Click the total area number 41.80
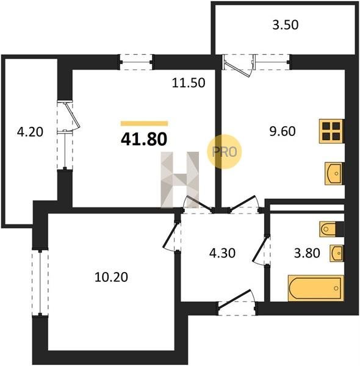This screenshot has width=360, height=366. pos(144,139)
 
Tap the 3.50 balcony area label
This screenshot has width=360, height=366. pos(286,25)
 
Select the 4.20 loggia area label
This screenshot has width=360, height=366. pos(30,132)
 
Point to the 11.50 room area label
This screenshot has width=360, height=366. pos(189,83)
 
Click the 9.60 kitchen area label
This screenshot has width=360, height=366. pos(283,131)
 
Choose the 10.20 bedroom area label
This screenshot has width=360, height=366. pos(111,278)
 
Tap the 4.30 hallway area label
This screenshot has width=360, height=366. pos(222,253)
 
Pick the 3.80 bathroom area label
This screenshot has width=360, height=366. pos(307,253)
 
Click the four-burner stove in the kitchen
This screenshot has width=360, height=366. pos(331,131)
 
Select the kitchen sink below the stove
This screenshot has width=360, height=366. pos(334,174)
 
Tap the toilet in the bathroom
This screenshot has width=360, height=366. pos(331,229)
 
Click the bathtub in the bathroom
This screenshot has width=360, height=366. pos(316,288)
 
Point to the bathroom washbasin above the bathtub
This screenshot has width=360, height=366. pos(337,253)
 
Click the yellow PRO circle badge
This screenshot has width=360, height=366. pos(224,152)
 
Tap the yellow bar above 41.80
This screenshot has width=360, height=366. pos(144,123)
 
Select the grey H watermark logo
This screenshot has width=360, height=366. pos(180,180)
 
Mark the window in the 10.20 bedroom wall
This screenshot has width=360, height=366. pos(40,282)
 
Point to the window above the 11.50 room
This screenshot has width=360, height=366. pos(136,62)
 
